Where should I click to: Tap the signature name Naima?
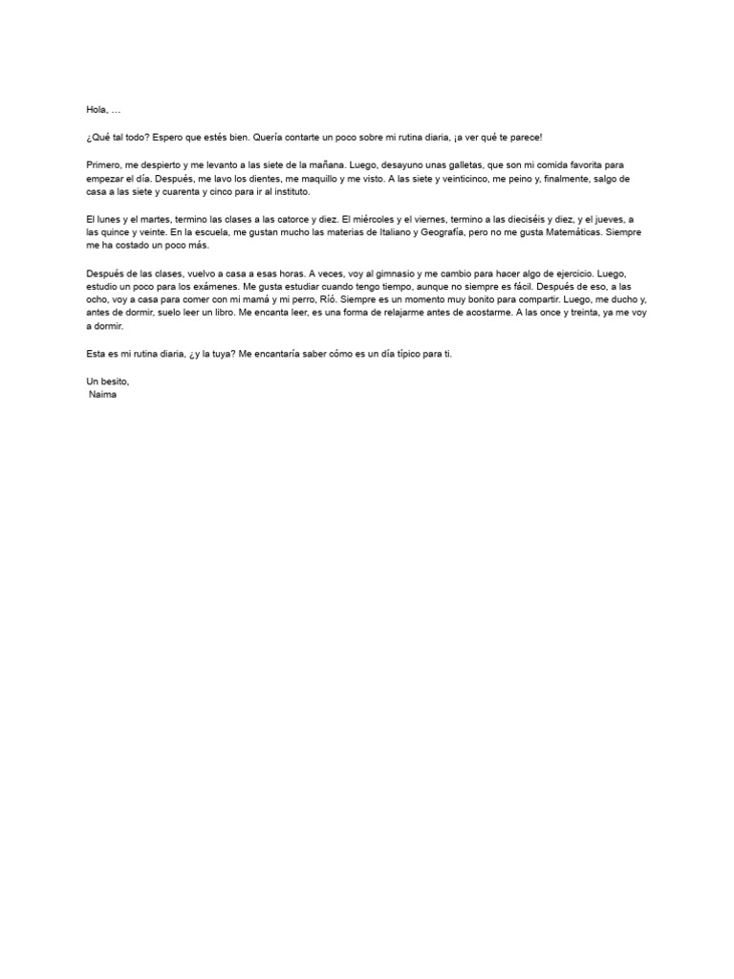pos(102,394)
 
